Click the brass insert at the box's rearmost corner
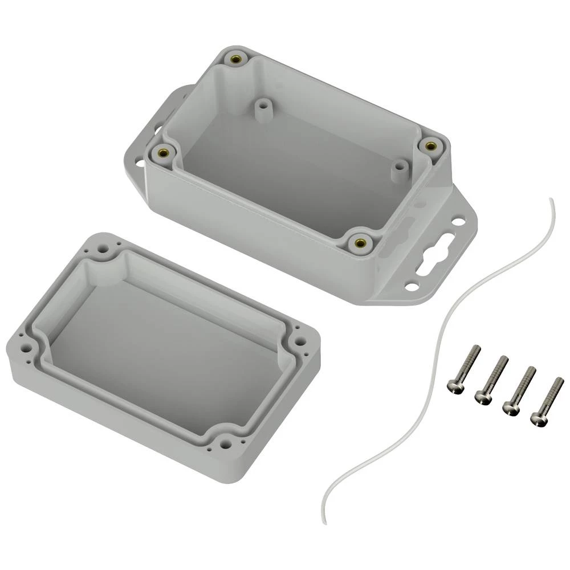tap(235, 59)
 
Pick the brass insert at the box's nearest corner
tap(360, 243)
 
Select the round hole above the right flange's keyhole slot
tap(458, 221)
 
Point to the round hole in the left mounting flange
tap(140, 164)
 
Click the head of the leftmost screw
tap(453, 387)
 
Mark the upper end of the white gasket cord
tap(550, 199)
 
